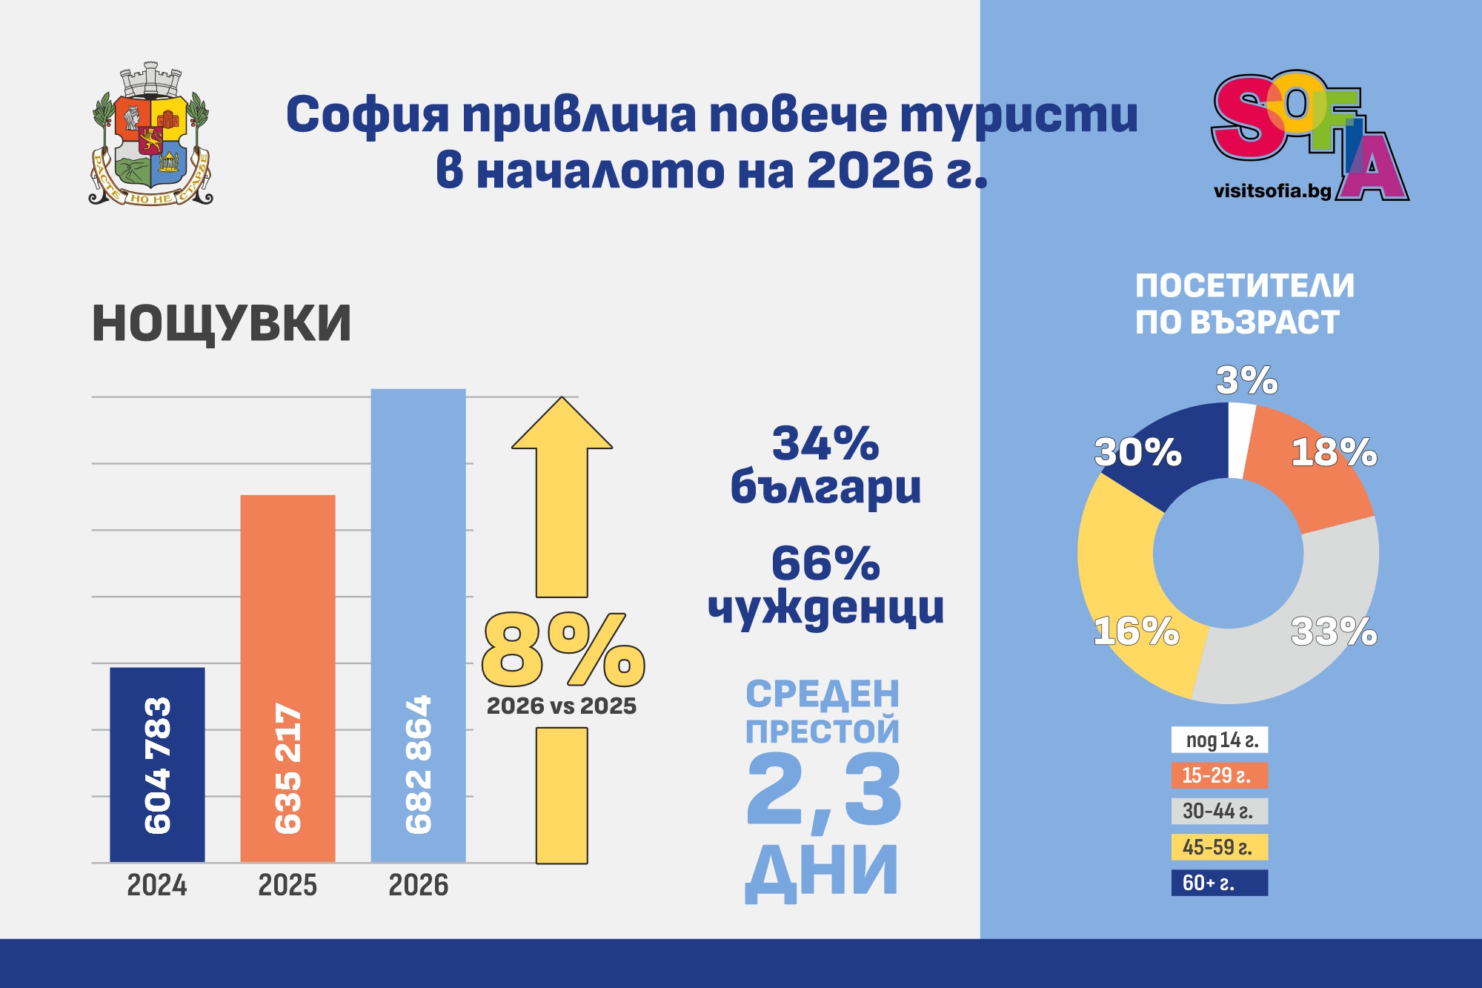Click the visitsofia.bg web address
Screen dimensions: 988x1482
[x=1272, y=190]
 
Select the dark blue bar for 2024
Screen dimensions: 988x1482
[x=157, y=763]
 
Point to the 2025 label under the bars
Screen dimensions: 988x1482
[x=288, y=885]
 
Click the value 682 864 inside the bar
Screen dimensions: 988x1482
[x=419, y=763]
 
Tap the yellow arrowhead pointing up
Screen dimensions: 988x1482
[x=562, y=425]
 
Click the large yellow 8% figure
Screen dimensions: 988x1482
[x=562, y=651]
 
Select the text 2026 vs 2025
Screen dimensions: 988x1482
[x=561, y=706]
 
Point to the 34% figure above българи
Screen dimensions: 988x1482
[x=825, y=445]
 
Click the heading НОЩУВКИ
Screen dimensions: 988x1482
[x=222, y=324]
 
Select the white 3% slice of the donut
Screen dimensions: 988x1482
[x=1240, y=440]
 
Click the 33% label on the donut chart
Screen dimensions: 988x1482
[x=1333, y=632]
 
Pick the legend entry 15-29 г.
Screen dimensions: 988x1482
[x=1219, y=775]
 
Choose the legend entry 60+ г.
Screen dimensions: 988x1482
[x=1219, y=883]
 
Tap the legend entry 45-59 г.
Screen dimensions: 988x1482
[x=1219, y=847]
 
